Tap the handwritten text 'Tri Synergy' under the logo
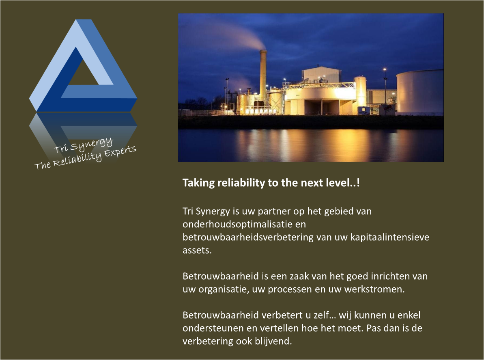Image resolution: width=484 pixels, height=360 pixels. [83, 145]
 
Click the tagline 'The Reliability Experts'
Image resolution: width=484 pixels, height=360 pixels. [85, 157]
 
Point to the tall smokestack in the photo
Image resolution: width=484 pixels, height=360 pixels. [263, 77]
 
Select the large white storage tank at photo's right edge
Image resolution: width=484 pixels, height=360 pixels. [420, 92]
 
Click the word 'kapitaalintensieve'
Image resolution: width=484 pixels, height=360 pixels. [389, 237]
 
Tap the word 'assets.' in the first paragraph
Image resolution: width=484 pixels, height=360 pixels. [197, 250]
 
